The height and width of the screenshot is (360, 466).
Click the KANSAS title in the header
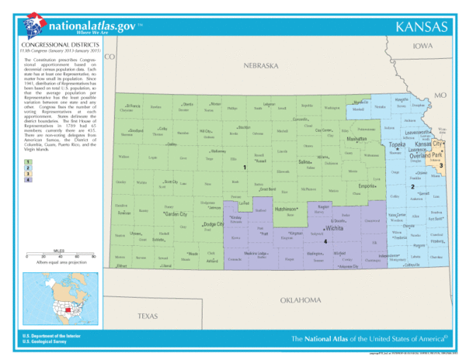click(422, 27)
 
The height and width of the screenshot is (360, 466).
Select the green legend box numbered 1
click(28, 161)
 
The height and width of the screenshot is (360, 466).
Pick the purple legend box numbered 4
click(28, 180)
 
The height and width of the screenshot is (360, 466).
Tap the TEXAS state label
click(148, 317)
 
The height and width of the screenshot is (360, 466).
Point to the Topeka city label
click(397, 145)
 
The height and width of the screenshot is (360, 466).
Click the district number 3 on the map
click(443, 165)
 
